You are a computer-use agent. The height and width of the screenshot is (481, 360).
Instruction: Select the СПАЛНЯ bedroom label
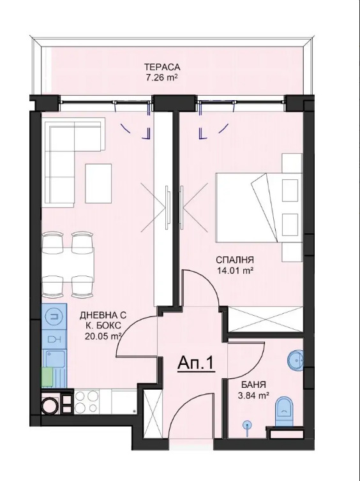click(235, 260)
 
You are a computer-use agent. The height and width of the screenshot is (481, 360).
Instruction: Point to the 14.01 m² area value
click(235, 270)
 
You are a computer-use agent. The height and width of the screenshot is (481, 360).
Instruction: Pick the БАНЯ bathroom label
click(253, 385)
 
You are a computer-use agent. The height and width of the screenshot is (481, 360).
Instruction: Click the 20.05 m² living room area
click(103, 336)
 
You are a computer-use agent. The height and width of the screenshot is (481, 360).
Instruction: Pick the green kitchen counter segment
click(47, 377)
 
